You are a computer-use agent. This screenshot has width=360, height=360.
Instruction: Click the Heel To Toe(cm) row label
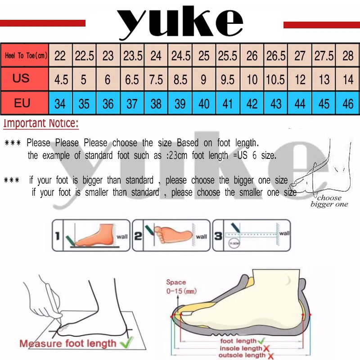point(26,56)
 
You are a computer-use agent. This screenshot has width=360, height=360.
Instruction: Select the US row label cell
point(21,79)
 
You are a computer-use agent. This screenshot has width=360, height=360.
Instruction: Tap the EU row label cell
point(22,103)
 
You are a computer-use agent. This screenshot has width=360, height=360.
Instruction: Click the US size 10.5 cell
point(276,80)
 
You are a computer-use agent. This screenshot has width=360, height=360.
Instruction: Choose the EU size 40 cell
point(204,104)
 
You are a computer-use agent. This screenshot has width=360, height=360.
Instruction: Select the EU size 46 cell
point(348,104)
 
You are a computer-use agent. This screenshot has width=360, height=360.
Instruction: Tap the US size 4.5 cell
point(61,80)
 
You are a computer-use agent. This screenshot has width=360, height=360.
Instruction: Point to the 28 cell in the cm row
point(348,56)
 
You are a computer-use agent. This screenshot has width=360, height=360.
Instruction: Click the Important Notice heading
point(41,123)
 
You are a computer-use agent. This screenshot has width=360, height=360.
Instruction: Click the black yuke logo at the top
point(180,22)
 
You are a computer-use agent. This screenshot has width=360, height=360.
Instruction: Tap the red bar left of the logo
point(43,23)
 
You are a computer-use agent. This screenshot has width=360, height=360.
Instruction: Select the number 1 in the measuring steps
point(57,235)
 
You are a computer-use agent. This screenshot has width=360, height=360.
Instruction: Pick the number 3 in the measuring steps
point(218,235)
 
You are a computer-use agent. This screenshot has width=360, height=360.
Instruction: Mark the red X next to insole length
point(266,348)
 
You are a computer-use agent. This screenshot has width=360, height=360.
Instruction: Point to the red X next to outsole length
point(271,355)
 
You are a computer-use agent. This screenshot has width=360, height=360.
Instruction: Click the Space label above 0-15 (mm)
point(175,282)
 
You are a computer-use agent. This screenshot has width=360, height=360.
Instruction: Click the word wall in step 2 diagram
point(201,236)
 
